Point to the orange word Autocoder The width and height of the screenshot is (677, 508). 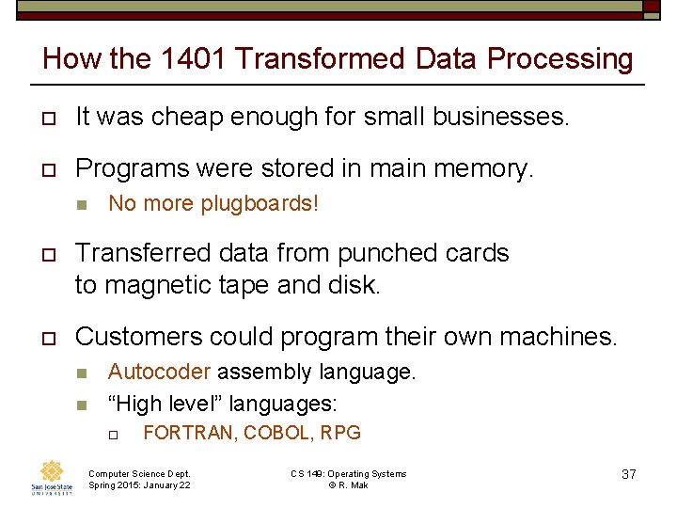[x=159, y=372]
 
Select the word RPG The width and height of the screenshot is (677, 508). [x=340, y=433]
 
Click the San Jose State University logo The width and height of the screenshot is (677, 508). [x=53, y=477]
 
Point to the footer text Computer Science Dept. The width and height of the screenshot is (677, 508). [x=138, y=473]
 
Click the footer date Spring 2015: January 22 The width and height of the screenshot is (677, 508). [x=138, y=484]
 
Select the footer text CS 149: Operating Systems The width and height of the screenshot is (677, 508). [x=348, y=473]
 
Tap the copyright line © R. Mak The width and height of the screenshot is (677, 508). [x=348, y=484]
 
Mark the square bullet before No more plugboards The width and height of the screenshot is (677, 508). [x=81, y=204]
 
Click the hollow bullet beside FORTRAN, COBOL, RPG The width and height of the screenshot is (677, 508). [x=110, y=434]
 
